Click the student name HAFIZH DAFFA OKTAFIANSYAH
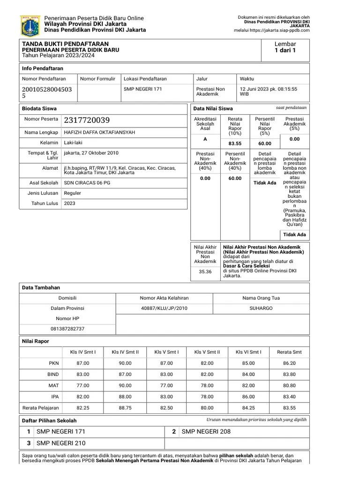tap(99, 133)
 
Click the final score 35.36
tap(205, 271)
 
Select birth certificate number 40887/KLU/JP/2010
tap(164, 308)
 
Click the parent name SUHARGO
tap(261, 308)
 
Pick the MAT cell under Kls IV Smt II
tap(125, 385)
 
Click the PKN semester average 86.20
tap(289, 363)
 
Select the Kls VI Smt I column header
tap(248, 352)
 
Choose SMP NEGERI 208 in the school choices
tap(206, 432)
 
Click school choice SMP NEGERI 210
tap(61, 443)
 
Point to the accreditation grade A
tap(205, 139)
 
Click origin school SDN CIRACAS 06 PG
tap(87, 183)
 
